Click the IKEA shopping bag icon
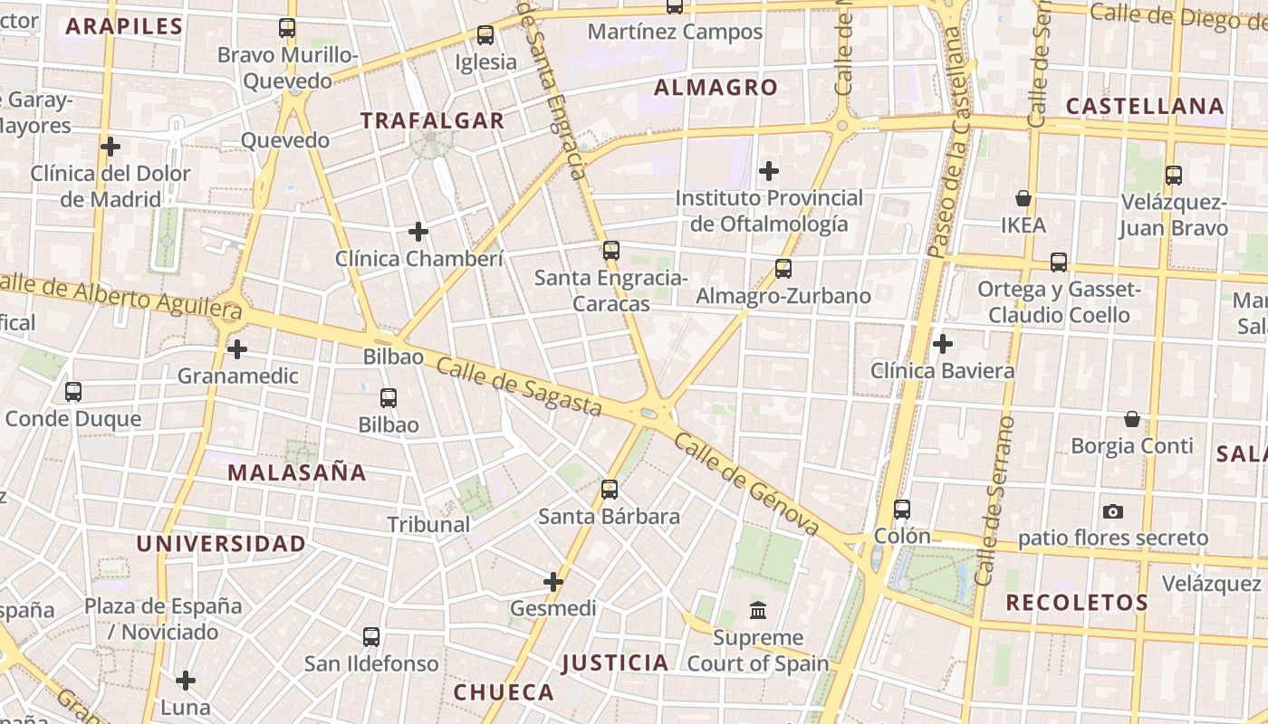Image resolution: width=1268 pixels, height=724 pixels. tap(1023, 198)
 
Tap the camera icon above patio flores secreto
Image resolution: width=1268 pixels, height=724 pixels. tap(1113, 511)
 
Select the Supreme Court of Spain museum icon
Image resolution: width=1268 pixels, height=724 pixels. tap(758, 611)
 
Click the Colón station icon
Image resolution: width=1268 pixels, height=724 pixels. tap(901, 510)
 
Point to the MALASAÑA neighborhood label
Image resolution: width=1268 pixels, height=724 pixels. tap(296, 472)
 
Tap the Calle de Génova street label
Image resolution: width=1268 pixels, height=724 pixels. tap(746, 484)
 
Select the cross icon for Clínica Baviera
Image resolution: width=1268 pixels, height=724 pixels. tap(943, 344)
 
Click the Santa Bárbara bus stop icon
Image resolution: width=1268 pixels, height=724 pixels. tap(610, 490)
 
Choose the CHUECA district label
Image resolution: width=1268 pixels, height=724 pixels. tap(504, 692)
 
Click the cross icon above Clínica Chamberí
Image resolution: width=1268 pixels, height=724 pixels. tap(418, 232)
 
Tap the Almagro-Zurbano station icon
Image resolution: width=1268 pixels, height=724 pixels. tap(783, 269)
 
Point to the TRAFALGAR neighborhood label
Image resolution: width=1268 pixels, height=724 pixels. tap(432, 120)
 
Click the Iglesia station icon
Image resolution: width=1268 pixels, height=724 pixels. tap(485, 35)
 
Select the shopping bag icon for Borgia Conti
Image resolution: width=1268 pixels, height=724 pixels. tap(1131, 419)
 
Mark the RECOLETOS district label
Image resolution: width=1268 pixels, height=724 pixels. tap(1077, 603)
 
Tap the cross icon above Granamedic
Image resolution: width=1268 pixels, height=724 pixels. tap(237, 348)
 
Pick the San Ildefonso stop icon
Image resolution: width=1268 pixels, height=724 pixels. tap(371, 636)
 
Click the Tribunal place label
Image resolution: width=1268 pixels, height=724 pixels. tap(428, 524)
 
